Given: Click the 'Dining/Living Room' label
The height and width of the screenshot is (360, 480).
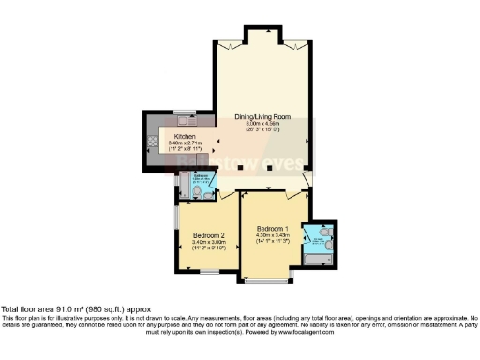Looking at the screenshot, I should (x=262, y=117).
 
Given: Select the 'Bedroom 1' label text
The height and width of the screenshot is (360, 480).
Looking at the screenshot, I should (x=272, y=228).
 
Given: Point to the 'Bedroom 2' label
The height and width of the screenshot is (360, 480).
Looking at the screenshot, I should (x=206, y=234).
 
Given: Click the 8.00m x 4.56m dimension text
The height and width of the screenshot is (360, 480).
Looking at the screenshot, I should (x=262, y=124).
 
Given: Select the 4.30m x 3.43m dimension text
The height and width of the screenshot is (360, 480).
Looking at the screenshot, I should (x=272, y=234).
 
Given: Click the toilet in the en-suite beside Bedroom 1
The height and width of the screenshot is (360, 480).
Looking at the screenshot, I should (x=324, y=231).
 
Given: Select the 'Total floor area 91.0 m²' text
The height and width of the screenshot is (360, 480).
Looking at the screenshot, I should (x=75, y=309).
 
